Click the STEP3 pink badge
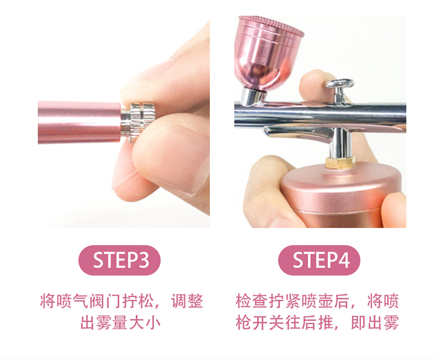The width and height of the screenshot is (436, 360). click(x=119, y=260)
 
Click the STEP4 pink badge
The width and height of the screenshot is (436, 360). click(x=319, y=260)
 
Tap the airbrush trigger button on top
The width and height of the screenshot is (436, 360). click(x=339, y=85)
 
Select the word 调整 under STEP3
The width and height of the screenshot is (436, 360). click(x=187, y=301)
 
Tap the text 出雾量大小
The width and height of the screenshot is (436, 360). click(x=120, y=323)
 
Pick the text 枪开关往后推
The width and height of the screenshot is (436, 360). click(x=285, y=323)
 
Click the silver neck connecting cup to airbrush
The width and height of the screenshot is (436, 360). click(x=251, y=95)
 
